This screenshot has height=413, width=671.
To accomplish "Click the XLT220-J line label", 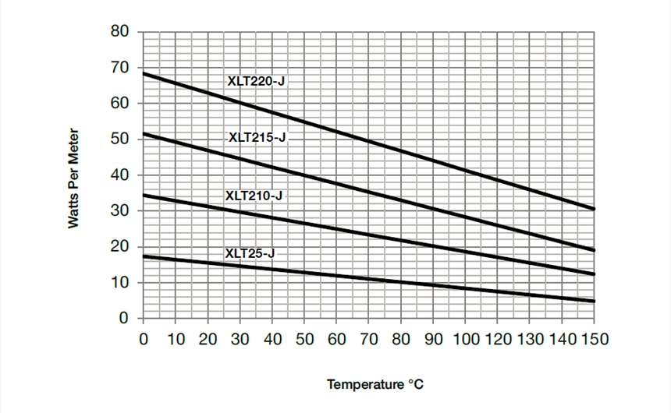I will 256,79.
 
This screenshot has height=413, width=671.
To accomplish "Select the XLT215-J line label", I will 257,137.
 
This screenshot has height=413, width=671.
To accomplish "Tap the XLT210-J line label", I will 254,196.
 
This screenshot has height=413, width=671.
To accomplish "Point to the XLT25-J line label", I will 250,253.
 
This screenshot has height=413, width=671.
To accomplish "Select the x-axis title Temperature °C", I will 376,384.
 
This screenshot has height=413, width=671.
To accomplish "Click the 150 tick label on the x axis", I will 594,340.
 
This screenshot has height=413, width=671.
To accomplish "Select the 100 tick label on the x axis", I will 465,340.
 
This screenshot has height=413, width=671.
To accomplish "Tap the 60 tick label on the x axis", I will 336,340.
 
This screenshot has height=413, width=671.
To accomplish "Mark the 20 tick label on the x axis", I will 208,340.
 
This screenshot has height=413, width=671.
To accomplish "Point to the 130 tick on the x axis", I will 530,340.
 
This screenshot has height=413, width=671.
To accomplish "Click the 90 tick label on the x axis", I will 433,340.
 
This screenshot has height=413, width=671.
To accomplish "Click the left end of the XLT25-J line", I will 144,256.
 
